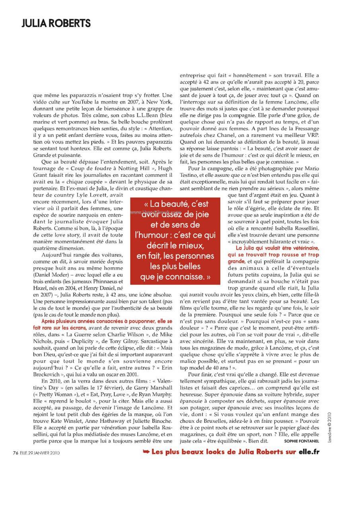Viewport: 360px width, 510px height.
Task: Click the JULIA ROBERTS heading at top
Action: click(56, 23)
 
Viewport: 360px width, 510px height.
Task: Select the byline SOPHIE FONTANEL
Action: click(302, 441)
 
